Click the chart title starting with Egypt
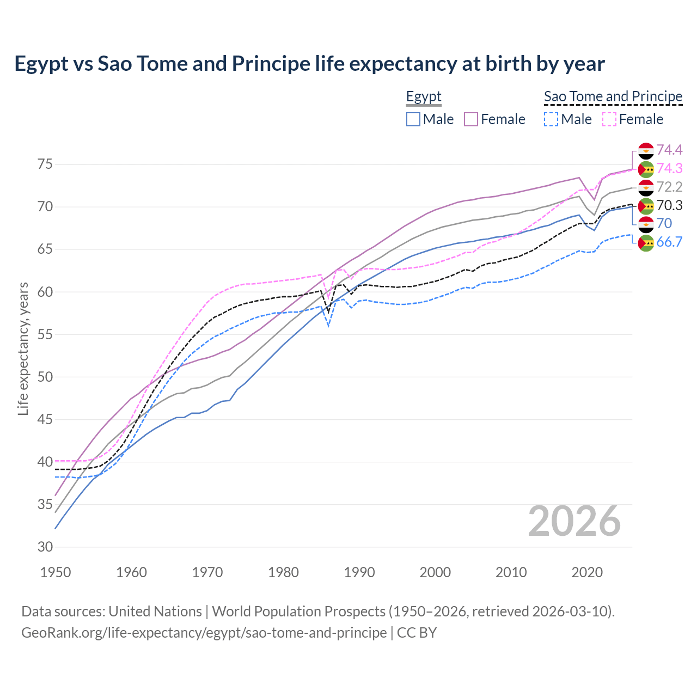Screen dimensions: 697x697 309,64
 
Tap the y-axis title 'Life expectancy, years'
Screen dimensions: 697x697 23,348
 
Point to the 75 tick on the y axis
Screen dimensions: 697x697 45,164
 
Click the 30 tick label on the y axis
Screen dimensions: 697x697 45,547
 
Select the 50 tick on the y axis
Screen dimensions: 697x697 45,377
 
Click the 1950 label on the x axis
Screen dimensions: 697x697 56,572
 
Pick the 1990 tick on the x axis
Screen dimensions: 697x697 359,572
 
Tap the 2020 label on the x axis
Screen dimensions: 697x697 587,572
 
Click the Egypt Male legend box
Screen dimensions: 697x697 413,119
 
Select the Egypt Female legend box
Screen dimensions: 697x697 471,119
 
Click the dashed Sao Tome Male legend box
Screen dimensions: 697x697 551,119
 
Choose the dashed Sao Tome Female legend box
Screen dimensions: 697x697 609,119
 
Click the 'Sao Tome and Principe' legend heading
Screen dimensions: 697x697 613,96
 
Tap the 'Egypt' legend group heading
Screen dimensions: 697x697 424,96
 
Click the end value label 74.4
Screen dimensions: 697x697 669,150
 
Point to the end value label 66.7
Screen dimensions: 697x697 669,242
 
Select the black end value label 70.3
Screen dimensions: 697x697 669,205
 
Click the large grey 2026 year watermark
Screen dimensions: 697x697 574,521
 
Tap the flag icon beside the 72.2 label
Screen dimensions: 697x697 646,187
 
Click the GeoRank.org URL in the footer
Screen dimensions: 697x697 204,633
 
